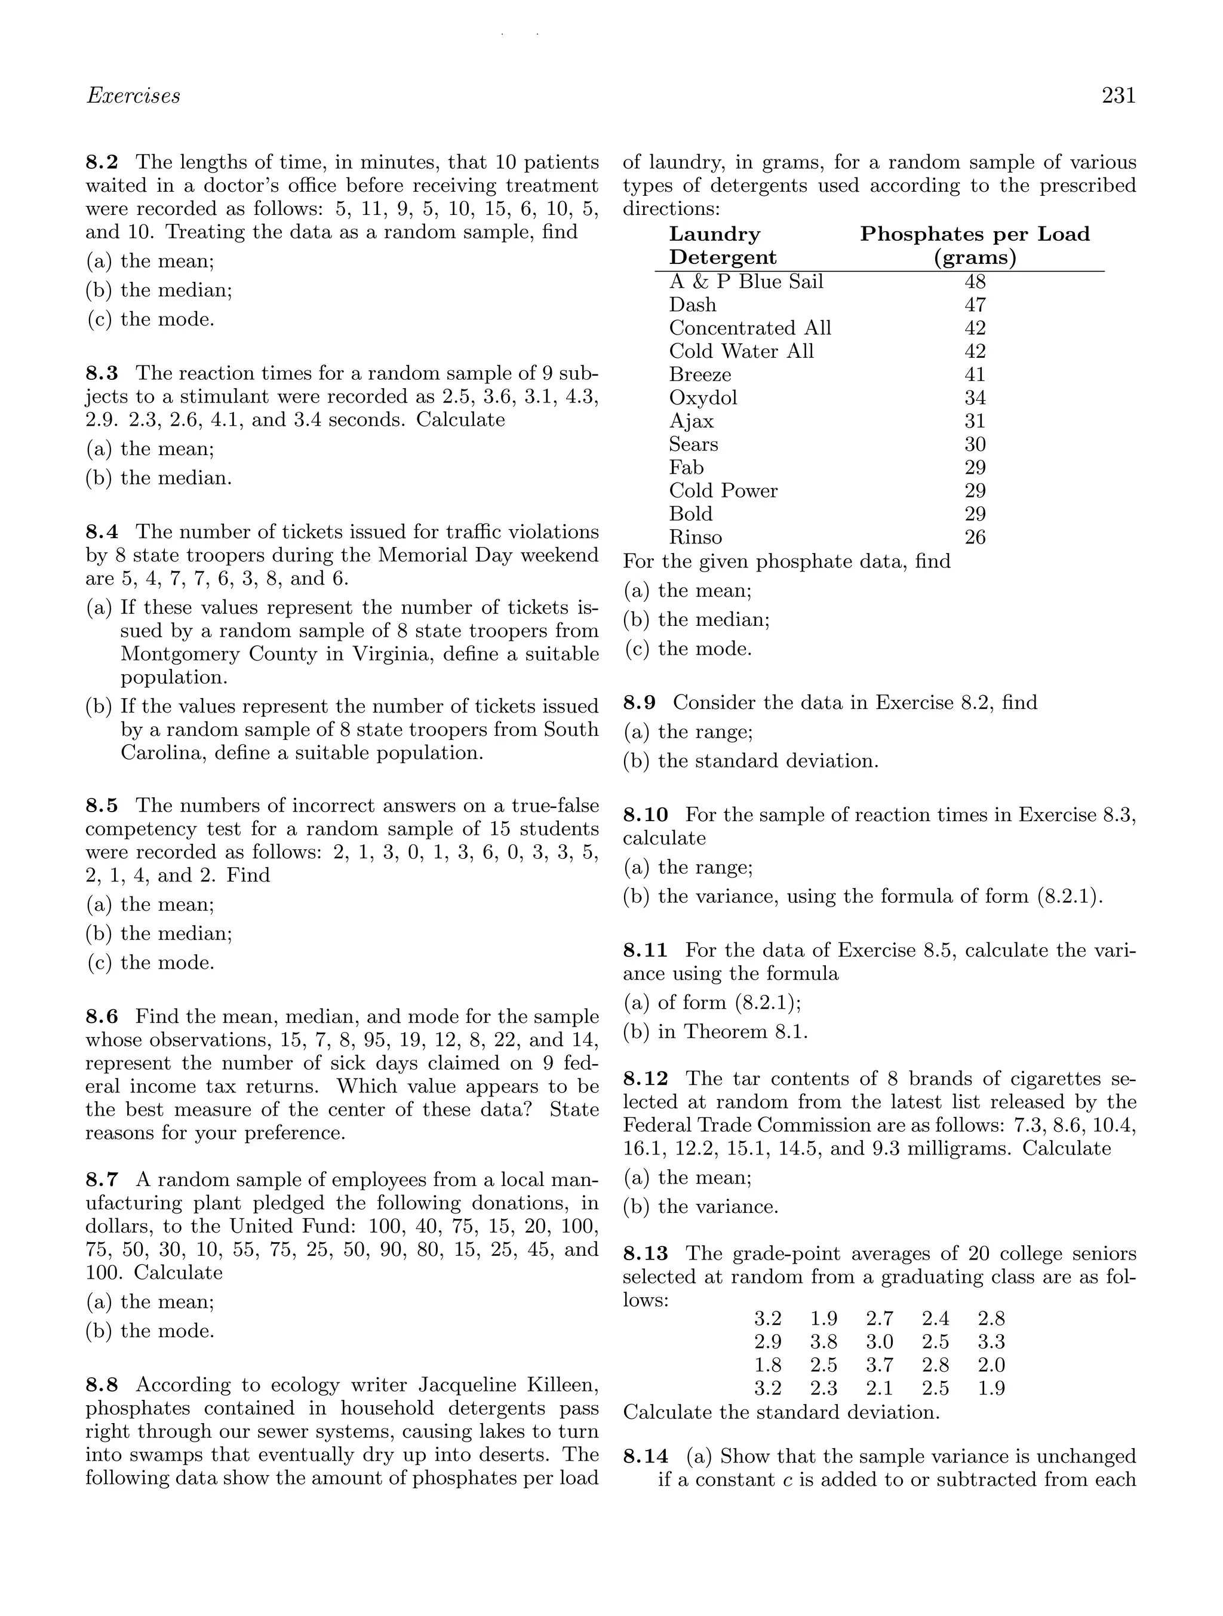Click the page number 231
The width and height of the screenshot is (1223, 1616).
click(1118, 96)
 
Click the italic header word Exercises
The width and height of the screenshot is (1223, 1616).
click(133, 96)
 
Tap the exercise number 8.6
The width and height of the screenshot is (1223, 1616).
click(102, 1016)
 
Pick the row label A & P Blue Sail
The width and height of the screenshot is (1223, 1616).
click(746, 282)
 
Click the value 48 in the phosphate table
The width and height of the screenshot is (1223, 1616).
click(975, 282)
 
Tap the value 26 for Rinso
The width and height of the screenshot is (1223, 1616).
click(975, 537)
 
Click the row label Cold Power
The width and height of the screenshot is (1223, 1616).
click(723, 491)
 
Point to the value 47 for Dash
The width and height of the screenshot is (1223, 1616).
click(975, 305)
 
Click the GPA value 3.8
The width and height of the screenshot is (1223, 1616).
click(823, 1341)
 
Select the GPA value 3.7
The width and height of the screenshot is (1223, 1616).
click(879, 1365)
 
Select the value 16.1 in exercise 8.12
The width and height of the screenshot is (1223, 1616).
click(641, 1148)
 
